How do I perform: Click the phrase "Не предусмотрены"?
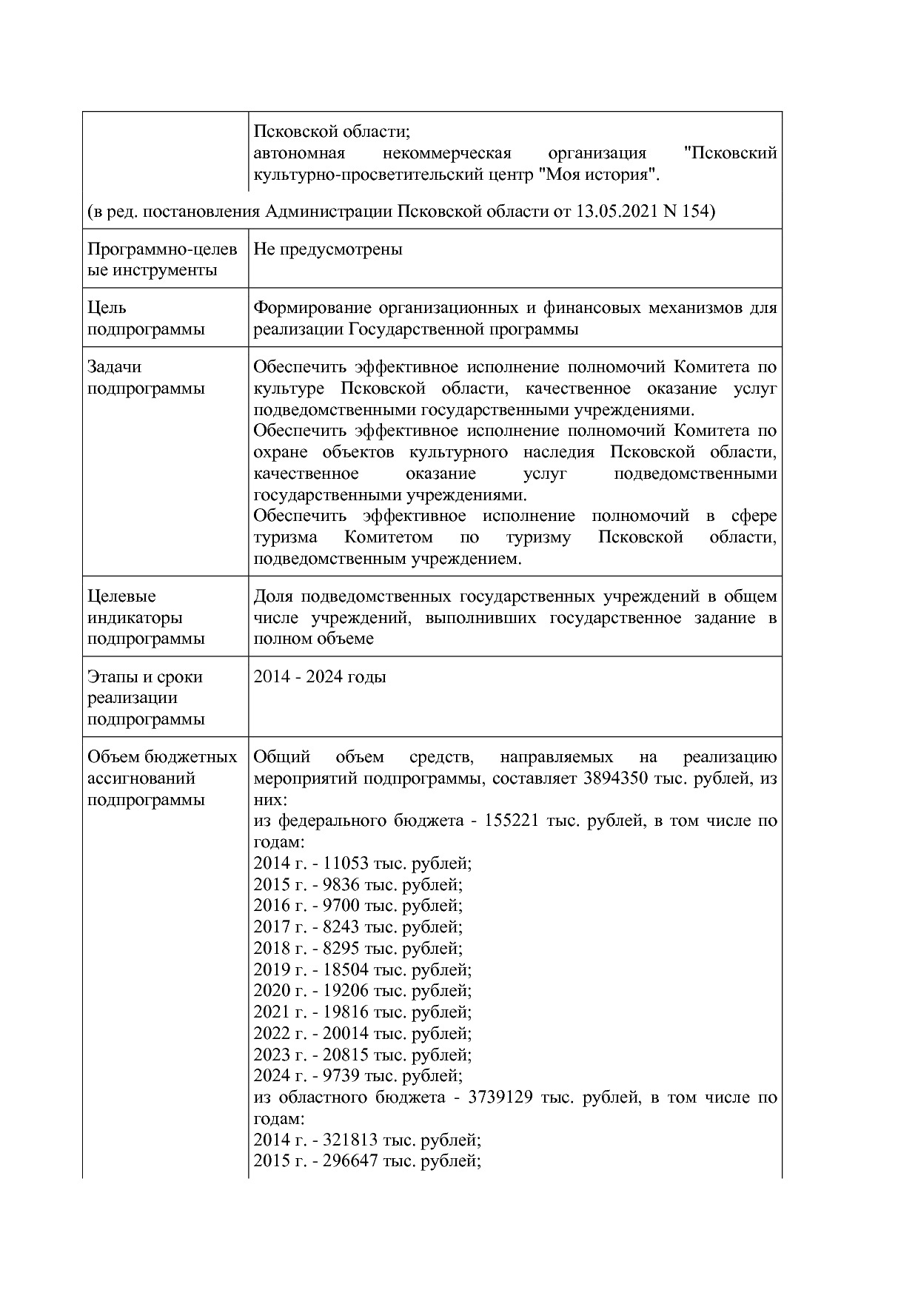tap(328, 249)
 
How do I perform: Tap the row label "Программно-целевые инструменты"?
tap(162, 260)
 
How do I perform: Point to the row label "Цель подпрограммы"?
tap(146, 318)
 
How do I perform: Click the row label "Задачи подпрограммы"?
tap(146, 377)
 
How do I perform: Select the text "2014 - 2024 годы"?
tap(320, 677)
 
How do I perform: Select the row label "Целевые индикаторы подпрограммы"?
tap(146, 617)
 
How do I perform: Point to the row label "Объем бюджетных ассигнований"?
tap(162, 768)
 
